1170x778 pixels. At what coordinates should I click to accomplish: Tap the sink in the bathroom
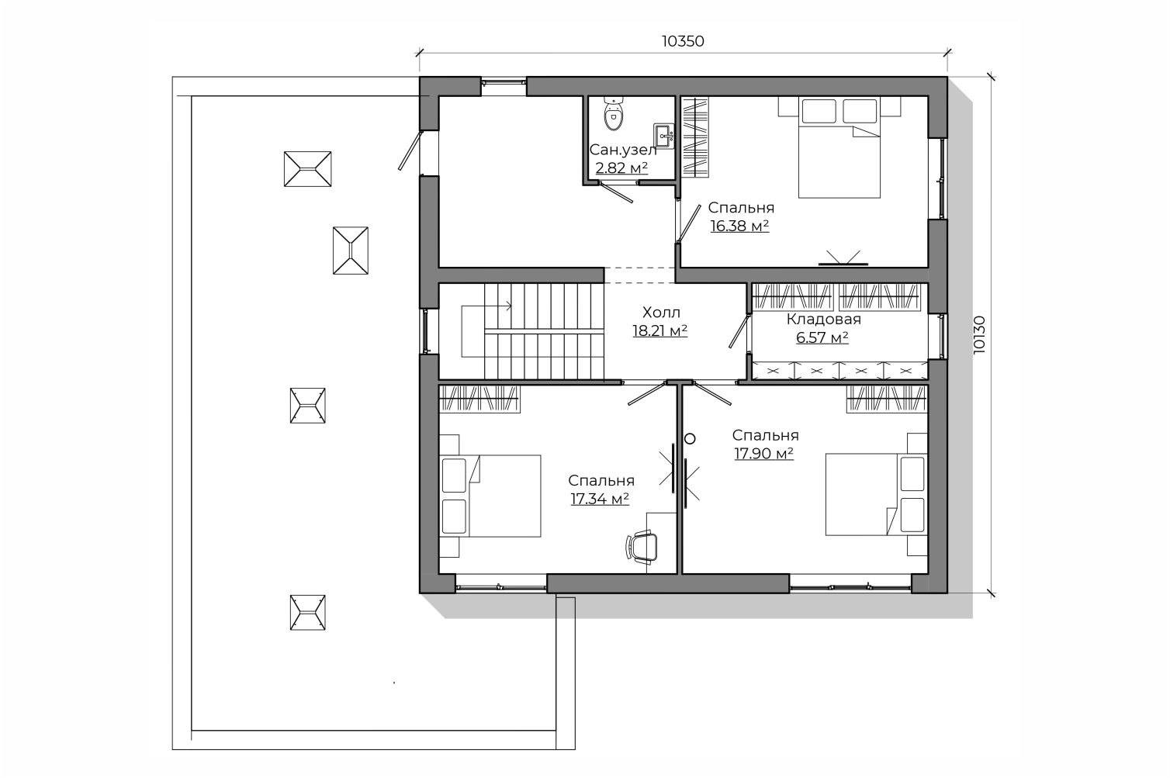click(x=663, y=137)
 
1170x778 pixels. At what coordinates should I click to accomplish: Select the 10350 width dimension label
click(x=683, y=41)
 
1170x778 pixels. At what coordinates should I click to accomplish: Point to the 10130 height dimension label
click(x=979, y=334)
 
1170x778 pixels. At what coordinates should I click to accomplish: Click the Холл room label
click(x=661, y=313)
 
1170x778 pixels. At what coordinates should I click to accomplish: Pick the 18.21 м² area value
click(x=660, y=331)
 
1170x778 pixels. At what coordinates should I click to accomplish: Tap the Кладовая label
click(x=824, y=319)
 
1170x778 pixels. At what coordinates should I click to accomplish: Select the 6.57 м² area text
click(x=822, y=337)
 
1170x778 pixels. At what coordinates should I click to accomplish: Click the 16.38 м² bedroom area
click(x=739, y=226)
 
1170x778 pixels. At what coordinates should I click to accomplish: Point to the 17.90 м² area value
click(x=764, y=453)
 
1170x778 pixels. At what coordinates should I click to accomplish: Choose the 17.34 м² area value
click(x=600, y=499)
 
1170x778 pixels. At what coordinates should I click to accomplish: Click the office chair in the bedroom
click(x=642, y=547)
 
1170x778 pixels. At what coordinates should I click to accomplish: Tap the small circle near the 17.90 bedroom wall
click(x=690, y=439)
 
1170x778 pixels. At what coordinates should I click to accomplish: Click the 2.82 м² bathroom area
click(x=621, y=168)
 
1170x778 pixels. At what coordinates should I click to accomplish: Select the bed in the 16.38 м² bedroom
click(x=839, y=147)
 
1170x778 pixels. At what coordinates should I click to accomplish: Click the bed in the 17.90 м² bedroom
click(x=877, y=494)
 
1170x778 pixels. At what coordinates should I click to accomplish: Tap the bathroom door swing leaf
click(x=617, y=192)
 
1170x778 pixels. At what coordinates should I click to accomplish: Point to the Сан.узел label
click(x=622, y=150)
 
